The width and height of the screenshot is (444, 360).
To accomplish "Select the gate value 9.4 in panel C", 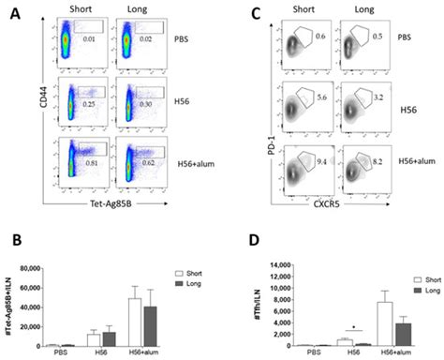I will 321,160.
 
